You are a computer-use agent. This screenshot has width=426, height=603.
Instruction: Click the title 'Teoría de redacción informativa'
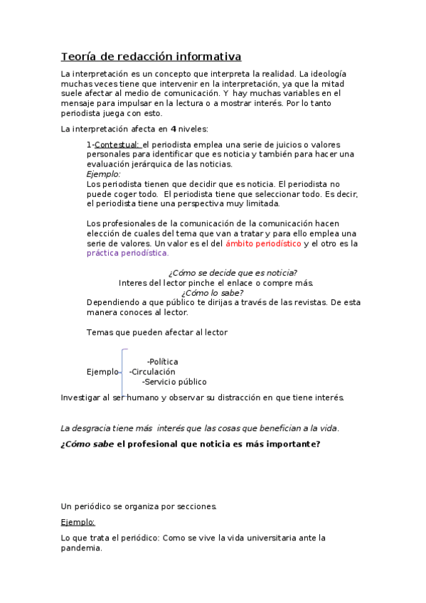[151, 56]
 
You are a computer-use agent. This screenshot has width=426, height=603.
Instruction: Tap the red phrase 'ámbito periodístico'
[263, 243]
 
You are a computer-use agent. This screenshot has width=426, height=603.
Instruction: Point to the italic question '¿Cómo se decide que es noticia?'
[233, 273]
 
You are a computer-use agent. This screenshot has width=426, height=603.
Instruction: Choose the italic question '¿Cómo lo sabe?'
[212, 292]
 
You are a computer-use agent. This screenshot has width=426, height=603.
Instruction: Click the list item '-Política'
[162, 362]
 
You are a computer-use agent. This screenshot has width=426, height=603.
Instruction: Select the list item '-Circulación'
[152, 371]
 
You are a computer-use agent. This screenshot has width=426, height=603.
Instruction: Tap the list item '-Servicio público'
[174, 381]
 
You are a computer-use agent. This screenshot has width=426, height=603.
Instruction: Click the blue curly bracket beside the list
[123, 371]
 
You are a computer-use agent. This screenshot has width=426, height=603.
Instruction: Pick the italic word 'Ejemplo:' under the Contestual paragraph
[103, 174]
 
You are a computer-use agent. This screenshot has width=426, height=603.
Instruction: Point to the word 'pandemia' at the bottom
[82, 548]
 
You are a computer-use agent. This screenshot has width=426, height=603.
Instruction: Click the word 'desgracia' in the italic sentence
[95, 428]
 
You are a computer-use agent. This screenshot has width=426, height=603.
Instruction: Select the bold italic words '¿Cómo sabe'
[87, 444]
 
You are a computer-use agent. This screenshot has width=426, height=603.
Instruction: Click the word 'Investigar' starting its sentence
[81, 397]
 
